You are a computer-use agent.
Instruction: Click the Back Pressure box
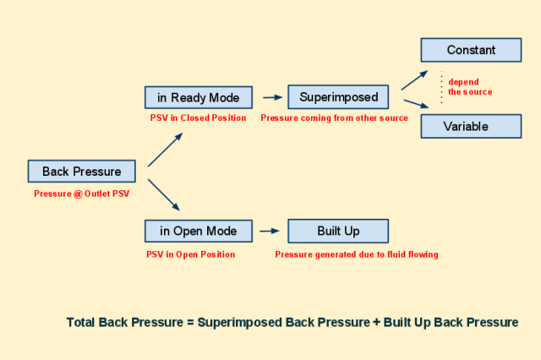pyautogui.click(x=82, y=171)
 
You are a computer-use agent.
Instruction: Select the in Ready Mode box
pyautogui.click(x=199, y=97)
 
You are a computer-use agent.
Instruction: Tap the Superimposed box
pyautogui.click(x=338, y=97)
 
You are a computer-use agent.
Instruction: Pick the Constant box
pyautogui.click(x=471, y=50)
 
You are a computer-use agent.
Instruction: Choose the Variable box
pyautogui.click(x=471, y=126)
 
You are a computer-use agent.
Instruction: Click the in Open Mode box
pyautogui.click(x=199, y=231)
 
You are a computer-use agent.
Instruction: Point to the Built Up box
pyautogui.click(x=338, y=231)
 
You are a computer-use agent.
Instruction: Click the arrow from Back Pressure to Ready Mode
pyautogui.click(x=166, y=150)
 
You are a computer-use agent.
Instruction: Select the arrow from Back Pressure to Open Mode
pyautogui.click(x=164, y=195)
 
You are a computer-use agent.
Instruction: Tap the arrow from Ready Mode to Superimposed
pyautogui.click(x=272, y=97)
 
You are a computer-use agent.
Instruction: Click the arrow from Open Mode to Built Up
pyautogui.click(x=270, y=231)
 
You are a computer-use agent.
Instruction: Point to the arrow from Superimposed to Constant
pyautogui.click(x=414, y=80)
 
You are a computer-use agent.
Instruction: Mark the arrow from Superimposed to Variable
pyautogui.click(x=416, y=104)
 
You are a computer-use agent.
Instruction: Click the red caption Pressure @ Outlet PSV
pyautogui.click(x=82, y=194)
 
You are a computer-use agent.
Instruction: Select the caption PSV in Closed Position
pyautogui.click(x=198, y=118)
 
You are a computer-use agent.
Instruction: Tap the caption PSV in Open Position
pyautogui.click(x=190, y=254)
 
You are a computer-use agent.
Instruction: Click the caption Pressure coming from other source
pyautogui.click(x=335, y=118)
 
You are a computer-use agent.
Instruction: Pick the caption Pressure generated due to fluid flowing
pyautogui.click(x=357, y=254)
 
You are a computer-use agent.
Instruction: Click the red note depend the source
pyautogui.click(x=470, y=87)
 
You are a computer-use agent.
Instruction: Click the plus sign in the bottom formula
pyautogui.click(x=376, y=322)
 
